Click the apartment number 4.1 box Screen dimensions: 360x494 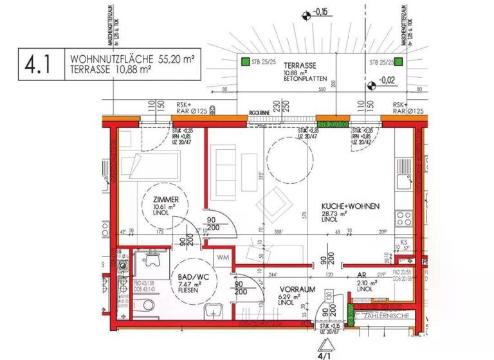tap(41, 65)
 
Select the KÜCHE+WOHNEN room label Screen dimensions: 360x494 tap(351, 206)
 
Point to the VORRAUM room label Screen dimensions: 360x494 tap(297, 290)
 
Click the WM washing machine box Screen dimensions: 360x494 tap(222, 258)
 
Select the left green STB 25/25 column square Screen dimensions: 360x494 tap(244, 62)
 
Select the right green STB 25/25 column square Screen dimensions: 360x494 tap(399, 62)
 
